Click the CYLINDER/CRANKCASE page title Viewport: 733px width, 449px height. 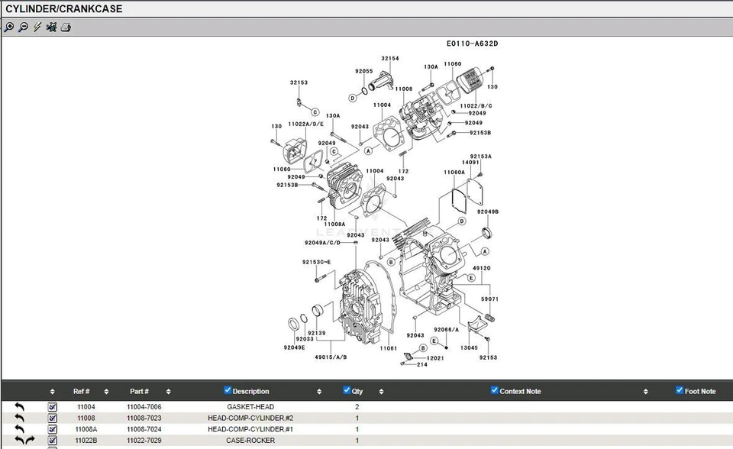click(x=64, y=9)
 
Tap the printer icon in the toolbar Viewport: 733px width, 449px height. click(x=66, y=27)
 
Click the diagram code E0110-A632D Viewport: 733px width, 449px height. click(x=472, y=44)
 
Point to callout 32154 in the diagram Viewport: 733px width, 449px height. click(x=389, y=59)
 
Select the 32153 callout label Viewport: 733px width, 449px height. click(x=299, y=82)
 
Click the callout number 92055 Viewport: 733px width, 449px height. click(x=363, y=71)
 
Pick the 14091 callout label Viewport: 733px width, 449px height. click(x=471, y=163)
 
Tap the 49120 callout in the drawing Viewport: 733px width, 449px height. click(x=481, y=268)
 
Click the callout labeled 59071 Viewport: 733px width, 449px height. click(x=489, y=299)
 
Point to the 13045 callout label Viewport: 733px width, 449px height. click(x=469, y=348)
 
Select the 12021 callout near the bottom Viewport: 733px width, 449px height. click(x=435, y=358)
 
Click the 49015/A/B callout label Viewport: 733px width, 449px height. click(x=331, y=357)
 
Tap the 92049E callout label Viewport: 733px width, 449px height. click(x=294, y=347)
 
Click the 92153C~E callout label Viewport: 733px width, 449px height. click(x=316, y=263)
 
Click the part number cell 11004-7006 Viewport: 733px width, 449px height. click(x=144, y=407)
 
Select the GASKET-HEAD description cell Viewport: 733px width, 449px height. click(x=250, y=407)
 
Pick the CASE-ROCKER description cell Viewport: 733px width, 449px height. click(x=250, y=441)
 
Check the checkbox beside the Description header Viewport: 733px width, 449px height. click(x=228, y=390)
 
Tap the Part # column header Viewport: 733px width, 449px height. click(x=139, y=391)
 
